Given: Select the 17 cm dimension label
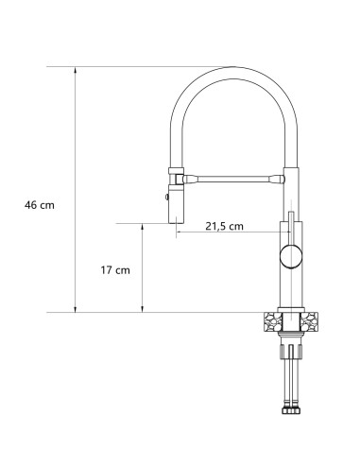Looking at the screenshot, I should click(x=114, y=270).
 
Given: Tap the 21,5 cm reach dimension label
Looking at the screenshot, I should click(x=224, y=226).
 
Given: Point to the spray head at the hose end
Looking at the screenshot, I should click(x=178, y=201).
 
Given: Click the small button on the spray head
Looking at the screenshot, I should click(x=168, y=198).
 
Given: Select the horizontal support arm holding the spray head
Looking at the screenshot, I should click(x=231, y=176).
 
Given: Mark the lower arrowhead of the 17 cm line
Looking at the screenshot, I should click(x=143, y=308).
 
